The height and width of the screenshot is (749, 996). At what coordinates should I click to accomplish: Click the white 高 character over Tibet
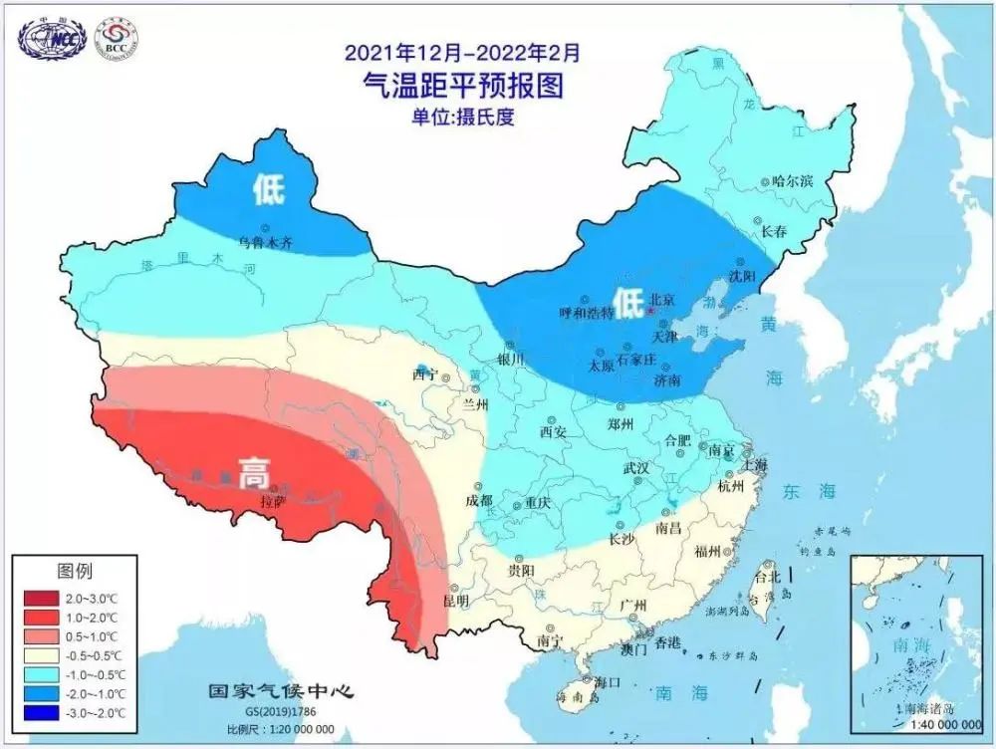point(253,472)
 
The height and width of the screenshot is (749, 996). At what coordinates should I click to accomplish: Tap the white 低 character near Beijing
point(627,302)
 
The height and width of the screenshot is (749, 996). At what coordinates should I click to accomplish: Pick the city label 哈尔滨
point(793,181)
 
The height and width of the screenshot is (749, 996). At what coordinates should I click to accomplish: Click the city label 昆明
point(456,603)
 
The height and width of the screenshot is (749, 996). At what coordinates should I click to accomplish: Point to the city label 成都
point(478,501)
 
